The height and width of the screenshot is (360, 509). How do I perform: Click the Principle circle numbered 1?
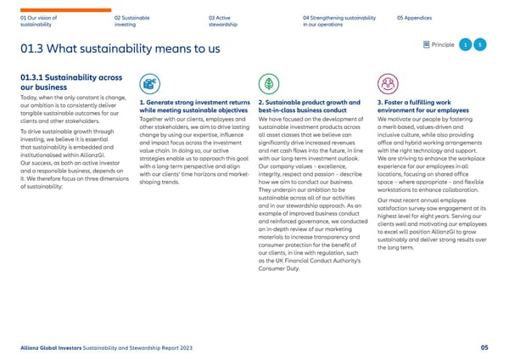466,45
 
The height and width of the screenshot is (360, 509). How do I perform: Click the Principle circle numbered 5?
479,45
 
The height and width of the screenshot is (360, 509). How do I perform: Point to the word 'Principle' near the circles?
443,45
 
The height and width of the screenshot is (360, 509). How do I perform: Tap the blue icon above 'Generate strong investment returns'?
149,84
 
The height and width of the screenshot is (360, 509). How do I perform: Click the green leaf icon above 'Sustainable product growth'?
267,84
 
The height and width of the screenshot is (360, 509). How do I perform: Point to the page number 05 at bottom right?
483,346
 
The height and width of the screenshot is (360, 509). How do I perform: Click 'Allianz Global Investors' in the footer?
54,346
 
